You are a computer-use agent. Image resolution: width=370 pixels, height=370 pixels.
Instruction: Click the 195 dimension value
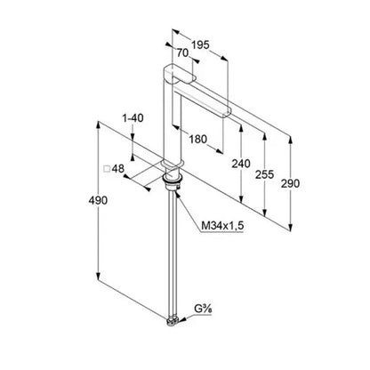point(200,45)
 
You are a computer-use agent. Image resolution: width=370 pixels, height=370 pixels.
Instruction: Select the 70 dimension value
point(182,53)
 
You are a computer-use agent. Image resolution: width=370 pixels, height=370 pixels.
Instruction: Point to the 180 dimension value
point(197,139)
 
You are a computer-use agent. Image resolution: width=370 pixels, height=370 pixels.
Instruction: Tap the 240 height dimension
point(241,164)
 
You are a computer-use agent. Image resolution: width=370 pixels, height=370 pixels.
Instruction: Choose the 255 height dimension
point(264,174)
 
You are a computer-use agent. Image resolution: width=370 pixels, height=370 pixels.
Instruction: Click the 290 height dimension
point(290,184)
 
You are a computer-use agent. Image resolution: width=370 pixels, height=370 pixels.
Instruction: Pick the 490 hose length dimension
point(98,201)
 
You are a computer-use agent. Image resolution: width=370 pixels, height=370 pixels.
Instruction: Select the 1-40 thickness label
point(133,118)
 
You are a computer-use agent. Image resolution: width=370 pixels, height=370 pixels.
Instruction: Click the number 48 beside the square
point(118,169)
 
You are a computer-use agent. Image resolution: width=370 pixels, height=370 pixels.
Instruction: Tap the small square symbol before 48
point(107,169)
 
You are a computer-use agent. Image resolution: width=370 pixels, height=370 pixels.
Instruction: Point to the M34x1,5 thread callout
point(222,226)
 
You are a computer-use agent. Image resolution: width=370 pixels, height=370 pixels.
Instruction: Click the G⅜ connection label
point(203,310)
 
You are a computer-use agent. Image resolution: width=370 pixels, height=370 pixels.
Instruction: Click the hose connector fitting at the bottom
point(173,321)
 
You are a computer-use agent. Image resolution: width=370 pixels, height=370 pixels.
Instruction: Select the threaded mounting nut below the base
point(173,181)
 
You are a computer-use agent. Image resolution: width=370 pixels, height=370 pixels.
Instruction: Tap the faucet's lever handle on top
point(180,73)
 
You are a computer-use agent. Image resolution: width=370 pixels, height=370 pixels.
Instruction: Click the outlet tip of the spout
point(227,114)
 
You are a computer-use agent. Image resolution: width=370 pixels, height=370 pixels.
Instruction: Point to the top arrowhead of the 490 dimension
point(98,125)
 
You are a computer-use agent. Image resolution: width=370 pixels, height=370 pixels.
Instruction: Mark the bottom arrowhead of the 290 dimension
point(291,227)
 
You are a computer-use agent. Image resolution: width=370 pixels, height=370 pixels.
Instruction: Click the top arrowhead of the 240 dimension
point(242,128)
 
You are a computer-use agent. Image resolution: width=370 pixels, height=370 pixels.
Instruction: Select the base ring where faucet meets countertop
point(173,164)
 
